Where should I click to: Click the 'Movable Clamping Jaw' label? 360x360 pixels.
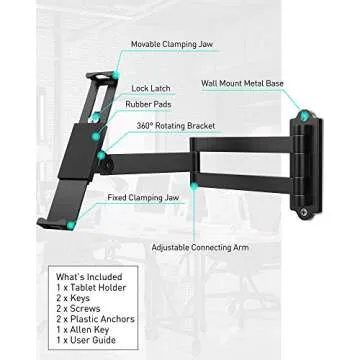tap(171, 45)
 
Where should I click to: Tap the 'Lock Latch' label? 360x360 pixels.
tap(150, 89)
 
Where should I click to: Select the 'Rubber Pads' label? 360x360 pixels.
tap(148, 104)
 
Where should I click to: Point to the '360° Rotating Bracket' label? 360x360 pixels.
tap(175, 126)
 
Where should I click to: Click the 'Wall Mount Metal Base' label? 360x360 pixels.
tap(242, 84)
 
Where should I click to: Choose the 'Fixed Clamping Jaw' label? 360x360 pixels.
tap(143, 198)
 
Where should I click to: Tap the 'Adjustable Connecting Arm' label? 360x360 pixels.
tap(199, 247)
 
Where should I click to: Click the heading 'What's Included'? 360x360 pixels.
tap(89, 277)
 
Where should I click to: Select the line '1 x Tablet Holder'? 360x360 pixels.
tap(91, 288)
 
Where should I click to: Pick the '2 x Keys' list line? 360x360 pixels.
tap(73, 298)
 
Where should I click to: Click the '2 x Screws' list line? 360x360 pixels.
tap(78, 309)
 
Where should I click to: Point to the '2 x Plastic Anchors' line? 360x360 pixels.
tap(95, 319)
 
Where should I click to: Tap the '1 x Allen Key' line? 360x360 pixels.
tap(84, 330)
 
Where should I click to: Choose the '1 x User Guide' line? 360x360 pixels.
tap(86, 340)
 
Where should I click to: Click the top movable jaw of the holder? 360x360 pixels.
tap(101, 76)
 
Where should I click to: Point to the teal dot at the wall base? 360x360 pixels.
tap(304, 117)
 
